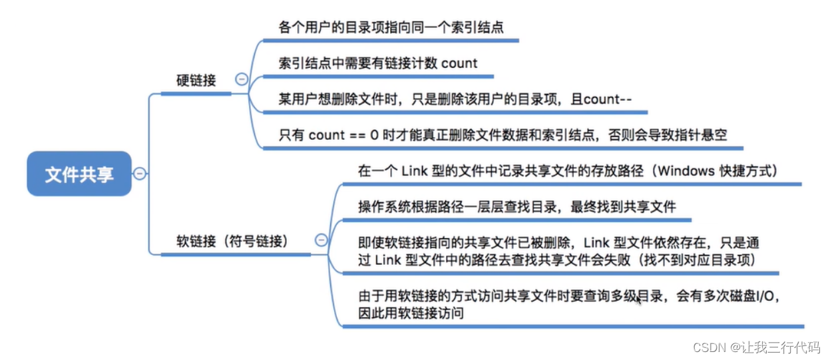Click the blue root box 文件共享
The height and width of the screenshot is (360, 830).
click(x=79, y=174)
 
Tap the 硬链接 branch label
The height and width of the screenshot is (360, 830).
click(x=196, y=81)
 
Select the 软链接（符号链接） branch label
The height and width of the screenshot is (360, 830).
click(x=232, y=241)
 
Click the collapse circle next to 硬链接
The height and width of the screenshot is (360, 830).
click(x=242, y=79)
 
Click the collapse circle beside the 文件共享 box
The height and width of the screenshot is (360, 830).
click(x=140, y=174)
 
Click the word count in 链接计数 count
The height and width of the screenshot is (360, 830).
click(x=459, y=64)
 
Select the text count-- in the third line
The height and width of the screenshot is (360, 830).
click(x=607, y=100)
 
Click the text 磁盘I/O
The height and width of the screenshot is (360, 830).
click(x=749, y=296)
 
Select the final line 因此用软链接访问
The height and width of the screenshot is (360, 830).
click(x=410, y=313)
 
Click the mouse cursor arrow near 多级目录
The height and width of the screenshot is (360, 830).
click(x=639, y=299)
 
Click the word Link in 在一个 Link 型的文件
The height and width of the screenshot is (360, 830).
click(x=415, y=171)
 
